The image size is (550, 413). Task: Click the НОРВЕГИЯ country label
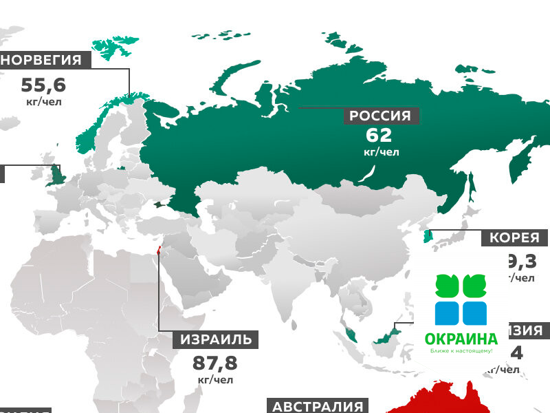click(45, 60)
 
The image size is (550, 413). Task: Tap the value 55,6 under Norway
click(43, 85)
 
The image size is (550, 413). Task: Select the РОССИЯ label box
click(380, 116)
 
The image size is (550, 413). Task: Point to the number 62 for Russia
click(379, 135)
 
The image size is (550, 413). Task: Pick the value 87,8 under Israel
click(214, 363)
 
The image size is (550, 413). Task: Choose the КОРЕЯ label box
click(514, 238)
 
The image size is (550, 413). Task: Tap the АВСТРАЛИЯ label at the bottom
click(317, 406)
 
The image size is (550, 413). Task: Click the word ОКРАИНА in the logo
click(461, 339)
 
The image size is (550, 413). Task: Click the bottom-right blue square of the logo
click(474, 313)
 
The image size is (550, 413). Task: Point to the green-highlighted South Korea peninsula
click(427, 237)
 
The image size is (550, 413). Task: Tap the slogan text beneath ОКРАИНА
click(461, 351)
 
